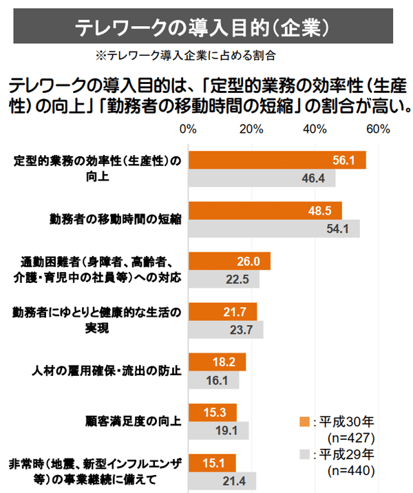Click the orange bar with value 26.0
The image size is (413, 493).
click(x=229, y=261)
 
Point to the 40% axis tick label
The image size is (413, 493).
click(x=315, y=129)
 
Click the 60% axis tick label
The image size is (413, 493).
click(x=378, y=129)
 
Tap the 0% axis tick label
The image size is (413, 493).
click(x=188, y=129)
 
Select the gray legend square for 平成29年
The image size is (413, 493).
click(x=304, y=454)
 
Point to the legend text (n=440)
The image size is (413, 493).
click(x=351, y=471)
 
